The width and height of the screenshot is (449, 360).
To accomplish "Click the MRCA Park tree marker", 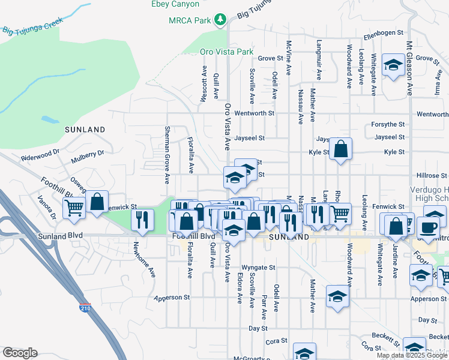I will coord(221,20).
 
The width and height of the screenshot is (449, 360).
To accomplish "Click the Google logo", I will coord(20,353).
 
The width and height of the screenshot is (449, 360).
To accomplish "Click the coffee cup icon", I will coord(428,227).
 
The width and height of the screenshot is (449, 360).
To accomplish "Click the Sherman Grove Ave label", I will coord(167,154).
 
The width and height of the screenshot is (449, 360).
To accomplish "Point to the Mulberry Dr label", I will coord(87,157).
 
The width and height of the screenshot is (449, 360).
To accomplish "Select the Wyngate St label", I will coord(258,267).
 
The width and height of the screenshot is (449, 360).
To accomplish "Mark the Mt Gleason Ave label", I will coord(409,69).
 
